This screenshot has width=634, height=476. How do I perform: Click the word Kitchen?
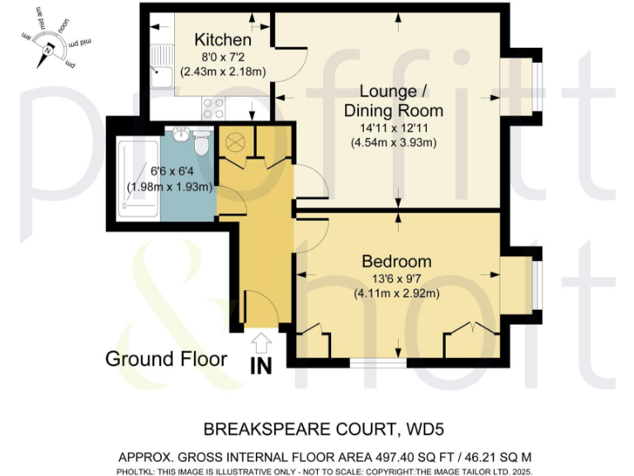[x=222, y=40]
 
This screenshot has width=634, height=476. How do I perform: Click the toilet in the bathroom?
[x=200, y=142]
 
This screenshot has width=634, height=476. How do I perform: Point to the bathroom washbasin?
[x=181, y=135]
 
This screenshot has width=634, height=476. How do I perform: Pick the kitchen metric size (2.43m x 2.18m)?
[x=223, y=72]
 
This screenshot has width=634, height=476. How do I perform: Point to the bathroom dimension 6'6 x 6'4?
[x=168, y=172]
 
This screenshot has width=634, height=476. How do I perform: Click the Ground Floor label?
[x=166, y=359]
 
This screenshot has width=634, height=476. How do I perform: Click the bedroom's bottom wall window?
[x=378, y=362]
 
